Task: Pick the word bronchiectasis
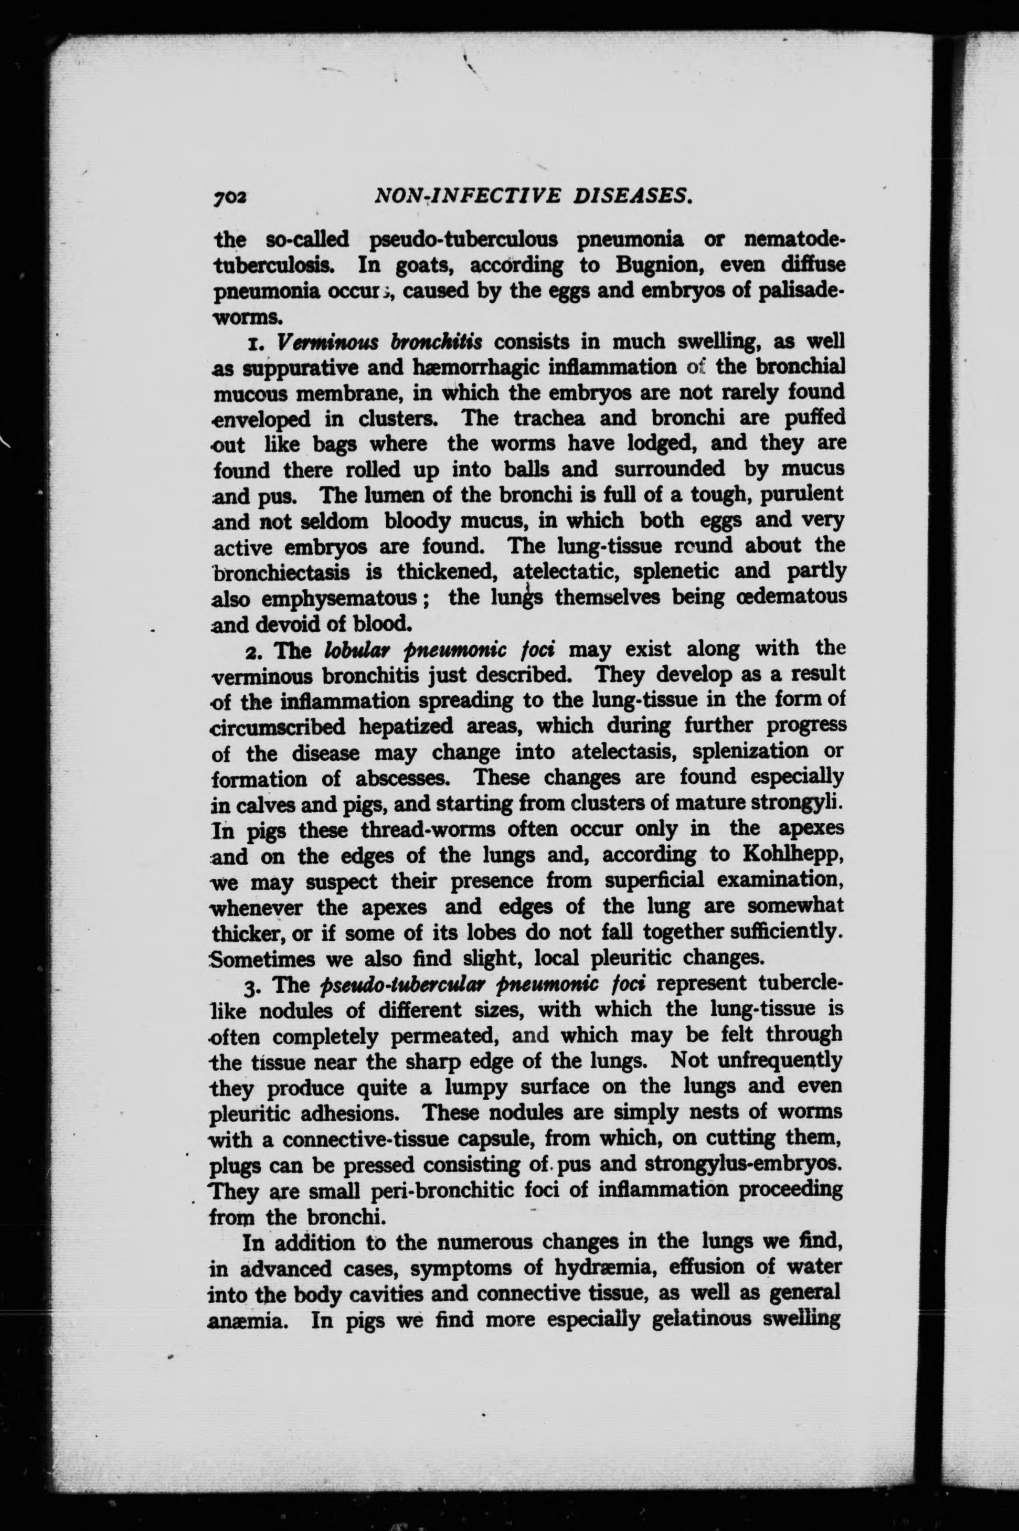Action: (287, 572)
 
